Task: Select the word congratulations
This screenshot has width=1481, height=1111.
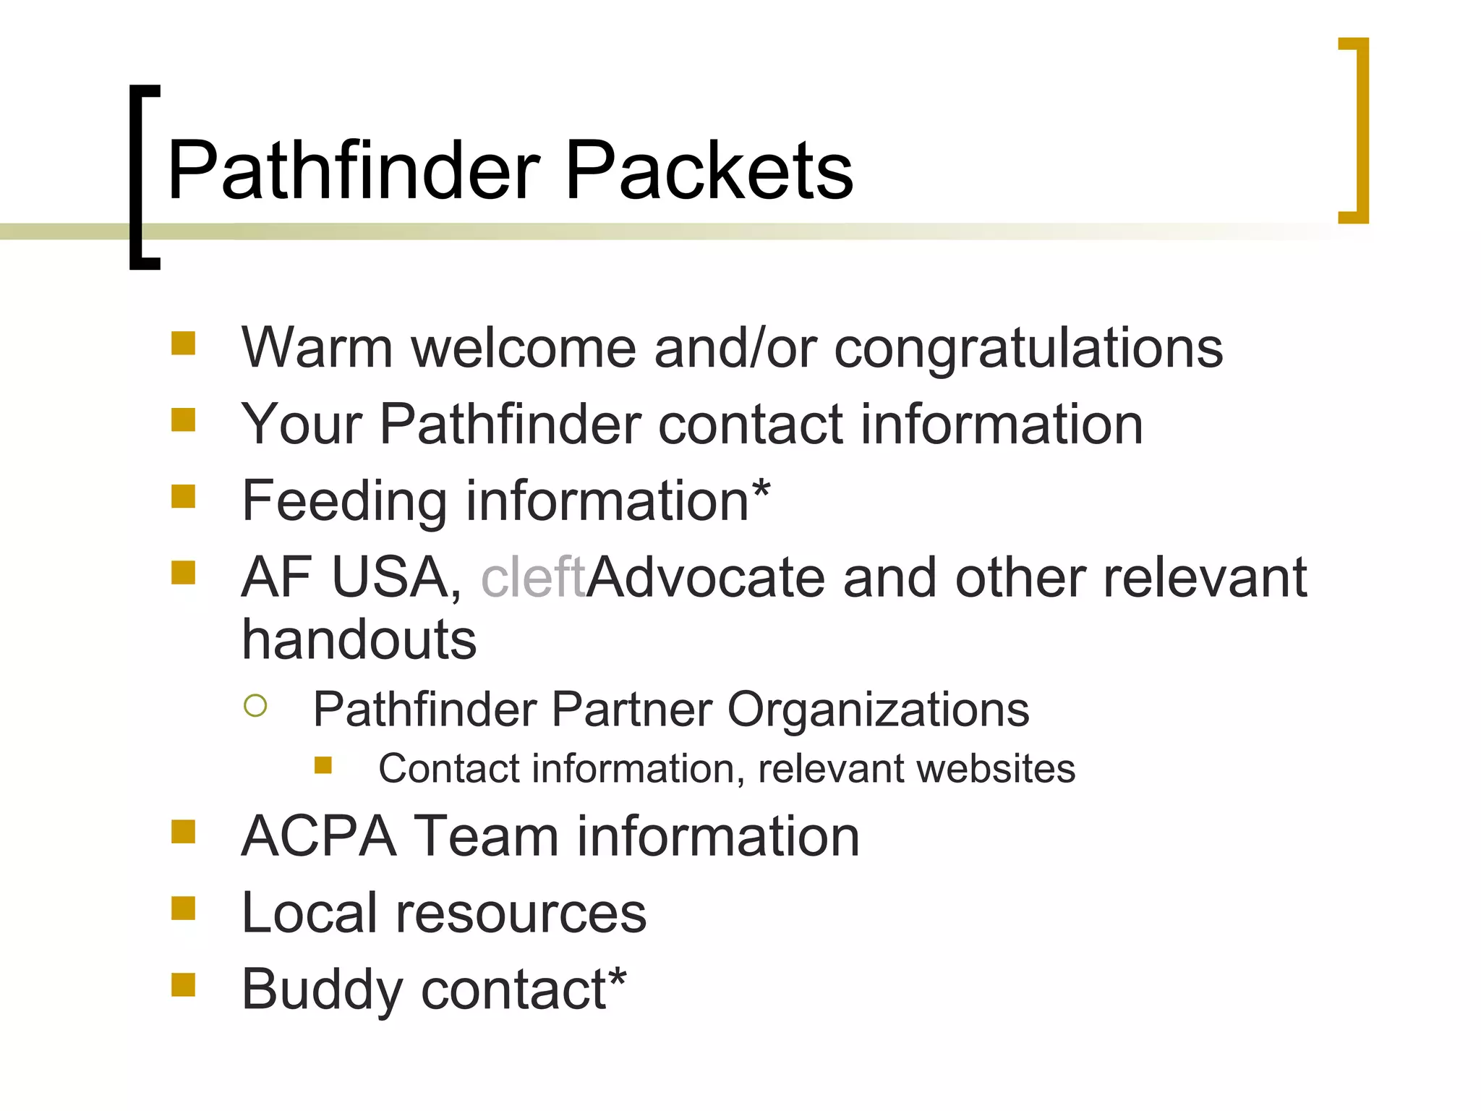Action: point(1028,349)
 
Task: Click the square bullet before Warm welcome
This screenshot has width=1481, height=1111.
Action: point(183,343)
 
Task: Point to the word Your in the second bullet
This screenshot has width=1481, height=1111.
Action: point(301,425)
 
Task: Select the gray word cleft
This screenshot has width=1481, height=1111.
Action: point(532,578)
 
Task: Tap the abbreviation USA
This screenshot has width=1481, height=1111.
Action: point(390,578)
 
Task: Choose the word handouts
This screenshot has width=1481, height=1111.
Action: point(359,640)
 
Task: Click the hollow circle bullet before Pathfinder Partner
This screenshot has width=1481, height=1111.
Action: point(255,705)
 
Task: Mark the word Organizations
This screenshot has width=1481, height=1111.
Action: point(878,710)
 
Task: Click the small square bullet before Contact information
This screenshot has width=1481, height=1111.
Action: point(323,765)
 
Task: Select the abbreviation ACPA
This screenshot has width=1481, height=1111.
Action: point(319,837)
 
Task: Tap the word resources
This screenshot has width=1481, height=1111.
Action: point(521,914)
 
